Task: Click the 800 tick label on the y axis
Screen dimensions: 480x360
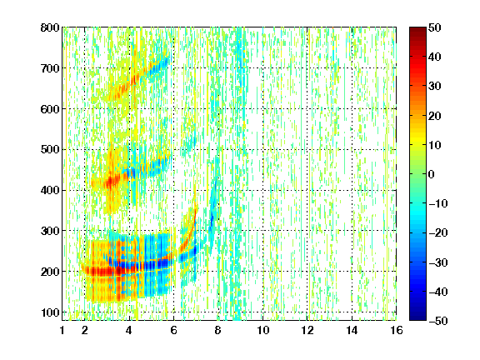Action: click(x=50, y=27)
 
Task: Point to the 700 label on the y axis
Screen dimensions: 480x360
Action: click(x=50, y=68)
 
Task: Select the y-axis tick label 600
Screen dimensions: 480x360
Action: click(x=50, y=109)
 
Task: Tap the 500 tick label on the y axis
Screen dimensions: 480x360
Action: click(x=50, y=150)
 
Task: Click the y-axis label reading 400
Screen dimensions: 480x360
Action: click(x=50, y=190)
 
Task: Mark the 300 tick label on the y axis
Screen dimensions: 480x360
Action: click(x=50, y=231)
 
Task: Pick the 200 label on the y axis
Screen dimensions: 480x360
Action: click(x=50, y=272)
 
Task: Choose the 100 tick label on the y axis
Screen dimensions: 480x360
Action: click(x=50, y=312)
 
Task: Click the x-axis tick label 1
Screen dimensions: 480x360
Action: click(x=62, y=330)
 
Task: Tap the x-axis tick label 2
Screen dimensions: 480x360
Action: click(x=85, y=330)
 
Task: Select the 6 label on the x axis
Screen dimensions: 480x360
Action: click(x=173, y=330)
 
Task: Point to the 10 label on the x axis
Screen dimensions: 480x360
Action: click(x=262, y=330)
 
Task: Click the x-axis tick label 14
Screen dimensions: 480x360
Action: click(x=352, y=330)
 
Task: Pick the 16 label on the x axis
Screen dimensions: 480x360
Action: click(x=396, y=330)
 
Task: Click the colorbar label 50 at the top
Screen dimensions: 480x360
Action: click(x=434, y=27)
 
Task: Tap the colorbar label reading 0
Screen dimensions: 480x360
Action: click(x=432, y=174)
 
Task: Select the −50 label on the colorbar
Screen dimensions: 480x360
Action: click(x=438, y=321)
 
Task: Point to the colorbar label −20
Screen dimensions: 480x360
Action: click(x=438, y=232)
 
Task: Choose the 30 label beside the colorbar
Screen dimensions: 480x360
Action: click(x=434, y=87)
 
